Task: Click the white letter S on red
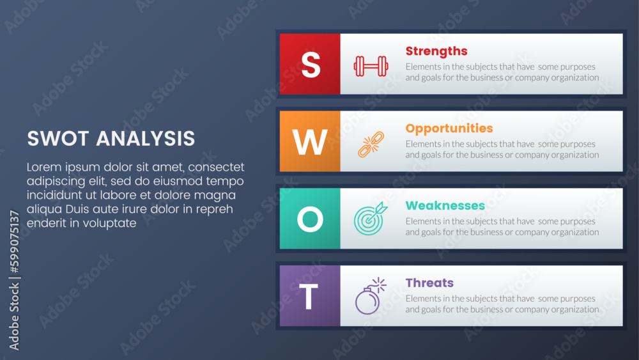coord(311,65)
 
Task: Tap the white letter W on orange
coord(310,142)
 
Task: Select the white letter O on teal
coord(310,219)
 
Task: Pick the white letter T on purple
coord(309,297)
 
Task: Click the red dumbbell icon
coord(371,66)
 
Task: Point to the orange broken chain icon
coord(371,145)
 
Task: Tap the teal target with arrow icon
coord(371,219)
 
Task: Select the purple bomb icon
coord(370,296)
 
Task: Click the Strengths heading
coord(436,51)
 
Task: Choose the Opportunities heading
coord(449,129)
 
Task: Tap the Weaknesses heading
coord(445,205)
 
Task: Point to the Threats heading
coord(429,283)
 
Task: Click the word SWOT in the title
coord(58,139)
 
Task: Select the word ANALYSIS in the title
coord(146,139)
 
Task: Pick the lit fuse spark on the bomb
coord(380,284)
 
